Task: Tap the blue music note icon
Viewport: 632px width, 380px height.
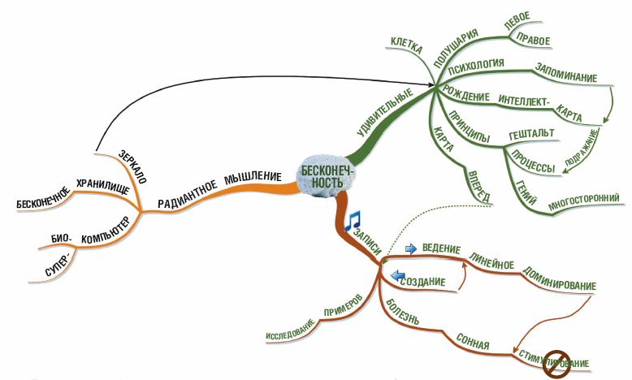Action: [x=352, y=221]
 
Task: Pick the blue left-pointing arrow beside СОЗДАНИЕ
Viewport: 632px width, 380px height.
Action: [x=398, y=277]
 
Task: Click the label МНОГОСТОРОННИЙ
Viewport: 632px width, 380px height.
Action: [x=583, y=200]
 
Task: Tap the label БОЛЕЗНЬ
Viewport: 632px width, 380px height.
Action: [x=401, y=313]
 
